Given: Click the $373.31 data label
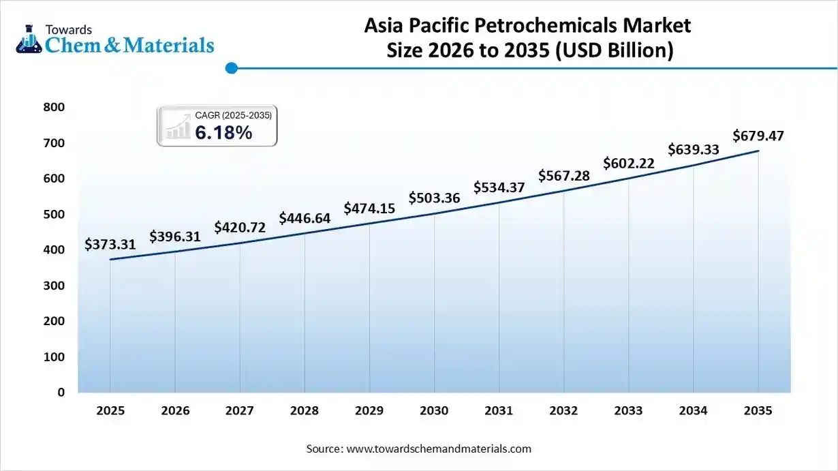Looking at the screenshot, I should click(110, 244).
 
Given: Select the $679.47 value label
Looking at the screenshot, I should click(758, 136).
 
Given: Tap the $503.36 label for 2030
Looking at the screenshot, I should click(435, 198).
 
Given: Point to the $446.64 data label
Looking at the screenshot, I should click(305, 218).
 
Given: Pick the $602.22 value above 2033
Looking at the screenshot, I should click(629, 163).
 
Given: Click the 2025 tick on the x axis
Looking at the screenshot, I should click(110, 411).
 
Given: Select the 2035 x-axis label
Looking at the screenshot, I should click(758, 411).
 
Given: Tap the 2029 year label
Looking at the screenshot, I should click(369, 411).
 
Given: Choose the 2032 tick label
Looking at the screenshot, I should click(563, 411).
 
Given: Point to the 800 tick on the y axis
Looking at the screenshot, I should click(55, 107).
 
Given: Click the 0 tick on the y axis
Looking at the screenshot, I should click(61, 393).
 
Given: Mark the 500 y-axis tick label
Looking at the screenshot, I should click(55, 214).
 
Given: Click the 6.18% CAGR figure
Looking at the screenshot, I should click(223, 133).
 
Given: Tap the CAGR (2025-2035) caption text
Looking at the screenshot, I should click(233, 116).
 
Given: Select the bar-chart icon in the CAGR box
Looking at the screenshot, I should click(177, 128).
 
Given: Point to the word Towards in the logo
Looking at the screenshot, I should click(68, 29).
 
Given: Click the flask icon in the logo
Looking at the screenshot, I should click(29, 38).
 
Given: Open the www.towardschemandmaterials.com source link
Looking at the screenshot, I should click(439, 449).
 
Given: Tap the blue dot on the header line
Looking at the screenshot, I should click(232, 68).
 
